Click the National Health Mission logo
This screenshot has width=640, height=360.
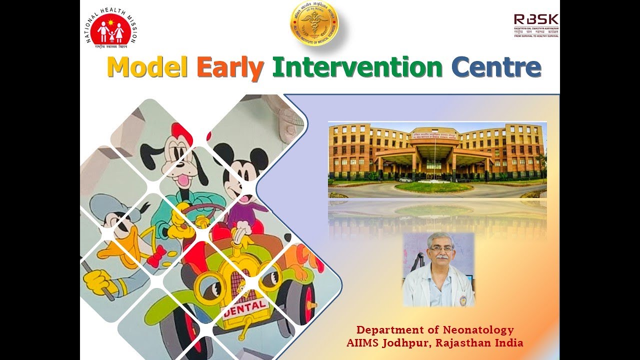coord(111,28)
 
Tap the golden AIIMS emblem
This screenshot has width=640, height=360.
coord(314,23)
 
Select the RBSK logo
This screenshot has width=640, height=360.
coord(536,25)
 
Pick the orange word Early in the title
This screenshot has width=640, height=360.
coord(230,68)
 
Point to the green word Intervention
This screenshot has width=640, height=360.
coord(357,67)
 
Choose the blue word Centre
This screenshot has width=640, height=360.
coord(496,67)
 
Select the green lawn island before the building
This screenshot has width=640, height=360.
coord(433,187)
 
